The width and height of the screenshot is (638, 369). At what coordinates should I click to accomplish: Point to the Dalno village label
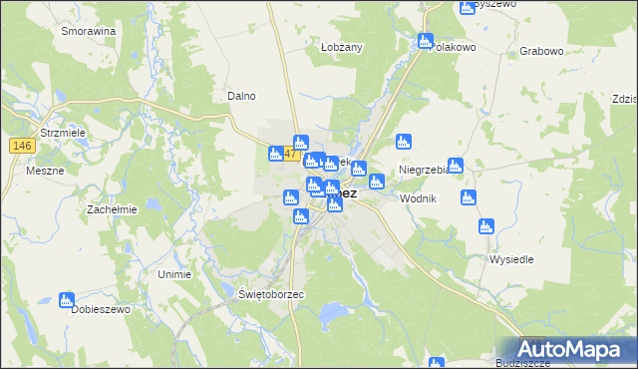241,96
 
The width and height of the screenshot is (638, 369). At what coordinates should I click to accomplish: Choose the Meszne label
46,171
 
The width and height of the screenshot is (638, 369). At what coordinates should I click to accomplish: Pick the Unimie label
174,272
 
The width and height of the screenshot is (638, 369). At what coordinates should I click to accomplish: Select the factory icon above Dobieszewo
67,299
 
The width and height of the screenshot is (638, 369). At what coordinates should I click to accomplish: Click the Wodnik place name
418,199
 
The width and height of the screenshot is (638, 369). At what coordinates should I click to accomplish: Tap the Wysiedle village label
512,259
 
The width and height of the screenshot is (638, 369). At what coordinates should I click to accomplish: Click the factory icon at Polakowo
426,42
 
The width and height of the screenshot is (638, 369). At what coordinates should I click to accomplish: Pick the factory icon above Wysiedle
485,226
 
